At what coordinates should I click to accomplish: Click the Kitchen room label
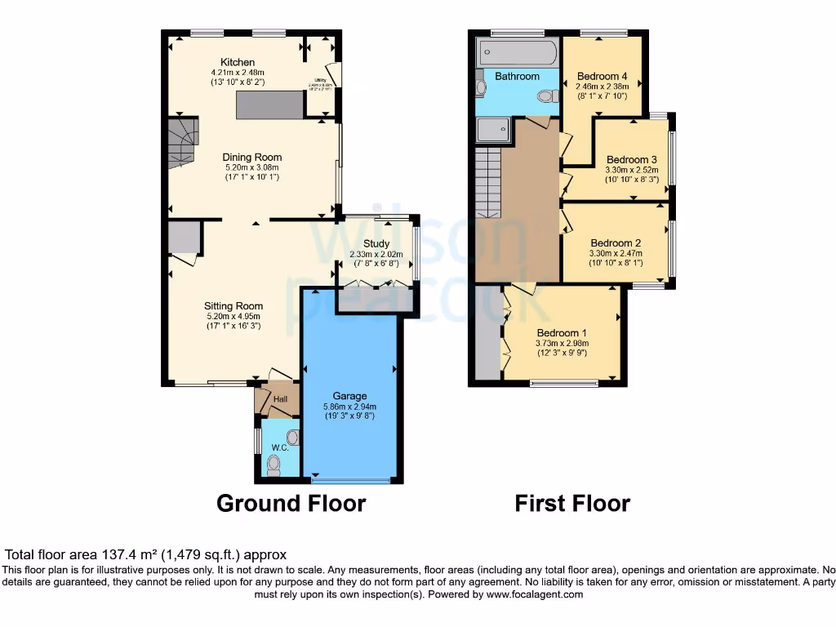click(238, 62)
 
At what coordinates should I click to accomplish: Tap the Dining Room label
click(253, 158)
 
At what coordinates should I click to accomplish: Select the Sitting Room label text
click(233, 306)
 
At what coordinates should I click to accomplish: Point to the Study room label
click(376, 244)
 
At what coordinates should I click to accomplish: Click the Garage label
click(349, 396)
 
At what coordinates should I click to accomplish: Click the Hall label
click(281, 399)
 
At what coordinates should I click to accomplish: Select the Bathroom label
click(518, 76)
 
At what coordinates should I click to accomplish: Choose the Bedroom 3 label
click(632, 159)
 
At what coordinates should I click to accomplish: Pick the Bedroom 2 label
click(616, 242)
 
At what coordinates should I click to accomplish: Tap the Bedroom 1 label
click(562, 332)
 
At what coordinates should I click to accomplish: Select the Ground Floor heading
click(291, 503)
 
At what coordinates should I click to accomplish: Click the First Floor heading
click(571, 503)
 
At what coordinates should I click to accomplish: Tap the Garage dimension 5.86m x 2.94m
click(349, 407)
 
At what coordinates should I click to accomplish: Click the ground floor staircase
click(183, 143)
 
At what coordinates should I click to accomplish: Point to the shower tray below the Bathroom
click(493, 131)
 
